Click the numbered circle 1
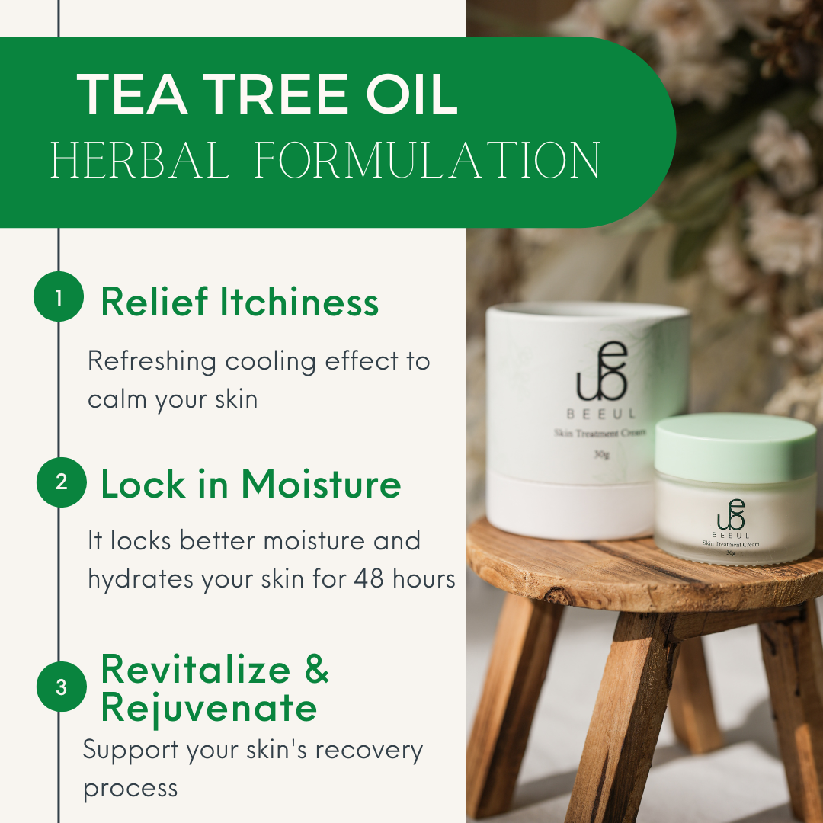point(59,296)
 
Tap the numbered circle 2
point(62,482)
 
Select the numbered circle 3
point(62,687)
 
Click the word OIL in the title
point(411,94)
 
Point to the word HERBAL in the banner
point(139,159)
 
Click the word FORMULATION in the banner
point(427,159)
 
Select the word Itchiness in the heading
point(299,302)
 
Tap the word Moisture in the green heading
point(322,483)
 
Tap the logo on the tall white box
point(602,371)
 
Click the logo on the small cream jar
point(731,514)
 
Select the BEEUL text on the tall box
point(601,414)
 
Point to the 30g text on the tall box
point(601,454)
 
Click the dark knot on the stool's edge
point(556,596)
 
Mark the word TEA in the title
point(132,94)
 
